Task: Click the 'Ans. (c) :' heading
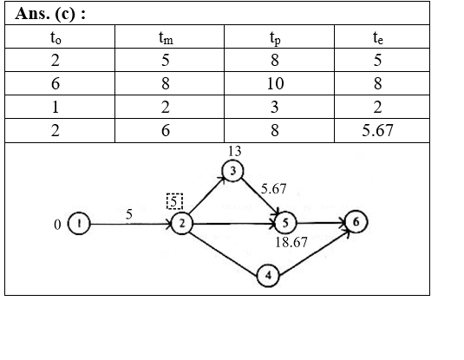(x=50, y=14)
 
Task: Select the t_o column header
(x=56, y=37)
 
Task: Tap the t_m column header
(x=166, y=37)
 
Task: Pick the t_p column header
(x=275, y=38)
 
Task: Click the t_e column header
(x=378, y=37)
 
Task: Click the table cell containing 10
(x=275, y=83)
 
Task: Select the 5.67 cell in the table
(x=377, y=130)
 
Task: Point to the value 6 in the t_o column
(x=56, y=83)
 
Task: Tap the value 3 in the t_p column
(x=275, y=107)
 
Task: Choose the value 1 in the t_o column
(x=56, y=107)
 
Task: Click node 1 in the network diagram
(x=79, y=224)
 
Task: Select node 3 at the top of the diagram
(x=233, y=171)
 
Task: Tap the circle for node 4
(x=268, y=276)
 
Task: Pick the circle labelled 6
(x=356, y=222)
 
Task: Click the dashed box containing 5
(x=174, y=201)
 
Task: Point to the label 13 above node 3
(x=235, y=151)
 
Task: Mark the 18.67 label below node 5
(x=291, y=242)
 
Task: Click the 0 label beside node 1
(x=58, y=225)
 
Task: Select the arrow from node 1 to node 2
(x=131, y=224)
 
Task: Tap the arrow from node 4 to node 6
(x=314, y=253)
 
